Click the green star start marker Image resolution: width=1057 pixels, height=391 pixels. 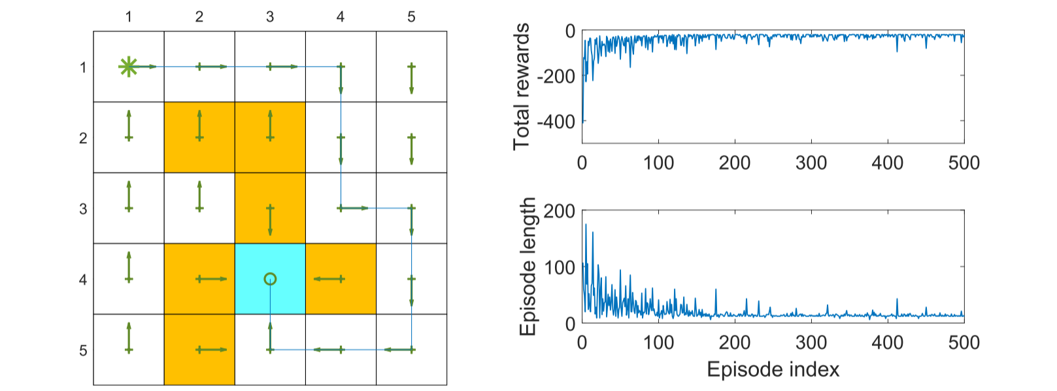[x=128, y=67]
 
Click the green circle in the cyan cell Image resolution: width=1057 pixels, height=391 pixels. [x=270, y=279]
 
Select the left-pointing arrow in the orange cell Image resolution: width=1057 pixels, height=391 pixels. [x=329, y=279]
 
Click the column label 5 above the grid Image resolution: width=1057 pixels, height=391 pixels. [x=411, y=17]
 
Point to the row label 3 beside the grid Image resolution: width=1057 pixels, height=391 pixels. [x=83, y=209]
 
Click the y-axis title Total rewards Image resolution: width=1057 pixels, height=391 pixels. [x=521, y=86]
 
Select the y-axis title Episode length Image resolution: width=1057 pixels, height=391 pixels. [x=527, y=267]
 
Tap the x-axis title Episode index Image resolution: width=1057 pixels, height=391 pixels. [x=773, y=369]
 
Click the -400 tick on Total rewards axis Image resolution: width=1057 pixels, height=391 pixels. [x=556, y=122]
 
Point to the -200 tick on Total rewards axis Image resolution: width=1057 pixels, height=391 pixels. [x=556, y=76]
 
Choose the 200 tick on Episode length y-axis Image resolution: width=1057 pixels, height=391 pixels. [x=560, y=211]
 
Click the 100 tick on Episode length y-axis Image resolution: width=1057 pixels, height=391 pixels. [x=560, y=267]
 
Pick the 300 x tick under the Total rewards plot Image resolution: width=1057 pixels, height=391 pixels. [x=811, y=163]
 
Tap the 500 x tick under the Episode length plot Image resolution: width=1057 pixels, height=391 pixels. [x=964, y=342]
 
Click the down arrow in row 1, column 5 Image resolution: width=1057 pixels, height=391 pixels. [x=411, y=78]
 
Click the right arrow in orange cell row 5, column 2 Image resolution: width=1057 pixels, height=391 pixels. [x=212, y=350]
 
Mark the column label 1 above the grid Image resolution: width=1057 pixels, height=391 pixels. [x=129, y=17]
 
